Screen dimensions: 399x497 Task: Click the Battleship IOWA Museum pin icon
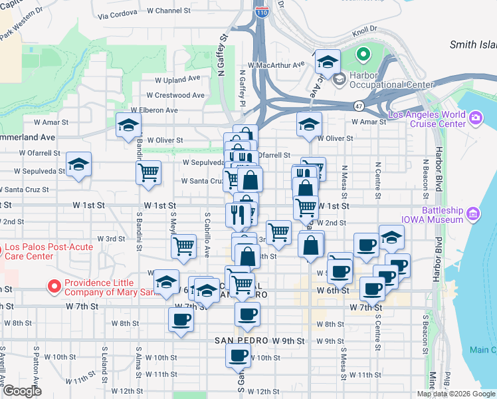tap(473, 214)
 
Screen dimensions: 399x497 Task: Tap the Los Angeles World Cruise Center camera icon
tap(475, 119)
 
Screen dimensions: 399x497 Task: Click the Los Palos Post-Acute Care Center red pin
tap(2, 250)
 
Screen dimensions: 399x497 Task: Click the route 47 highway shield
tap(359, 106)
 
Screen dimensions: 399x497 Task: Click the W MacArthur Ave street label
tap(276, 65)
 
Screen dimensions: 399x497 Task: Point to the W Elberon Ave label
tap(154, 110)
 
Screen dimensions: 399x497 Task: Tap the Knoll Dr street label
tap(365, 29)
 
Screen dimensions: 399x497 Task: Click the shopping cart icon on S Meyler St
tap(183, 245)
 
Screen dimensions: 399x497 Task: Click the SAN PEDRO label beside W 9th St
tap(241, 340)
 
